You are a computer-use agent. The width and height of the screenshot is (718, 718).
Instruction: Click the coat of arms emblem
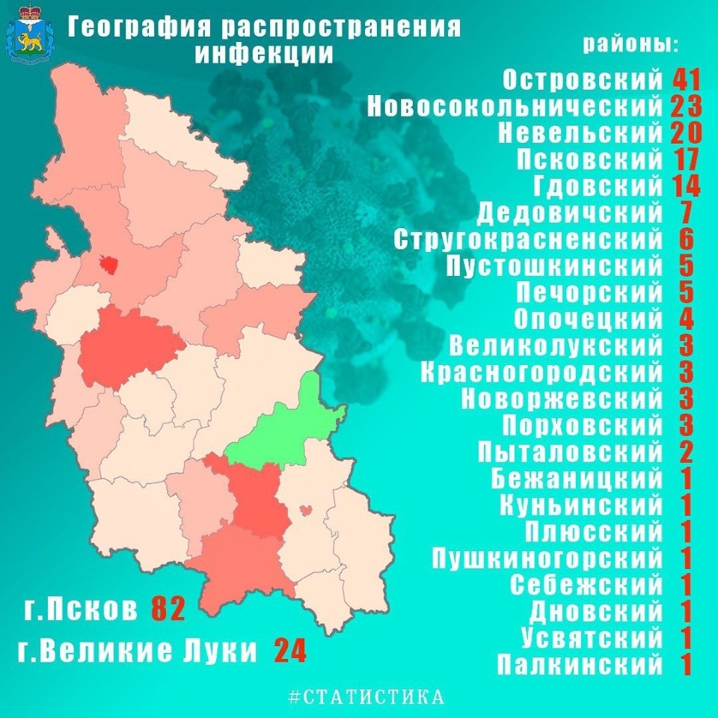pos(30,34)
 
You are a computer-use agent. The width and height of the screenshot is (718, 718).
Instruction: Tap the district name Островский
pos(583,79)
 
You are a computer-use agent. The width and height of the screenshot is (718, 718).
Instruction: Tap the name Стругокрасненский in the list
pos(527,239)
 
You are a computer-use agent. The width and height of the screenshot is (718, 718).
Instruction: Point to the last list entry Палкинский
pos(580,663)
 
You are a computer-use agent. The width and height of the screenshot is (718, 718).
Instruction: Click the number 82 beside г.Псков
pos(168,609)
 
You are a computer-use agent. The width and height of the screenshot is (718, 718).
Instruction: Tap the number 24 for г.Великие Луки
pos(289,650)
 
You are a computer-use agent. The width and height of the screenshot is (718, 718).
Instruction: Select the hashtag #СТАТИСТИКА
pos(366,697)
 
